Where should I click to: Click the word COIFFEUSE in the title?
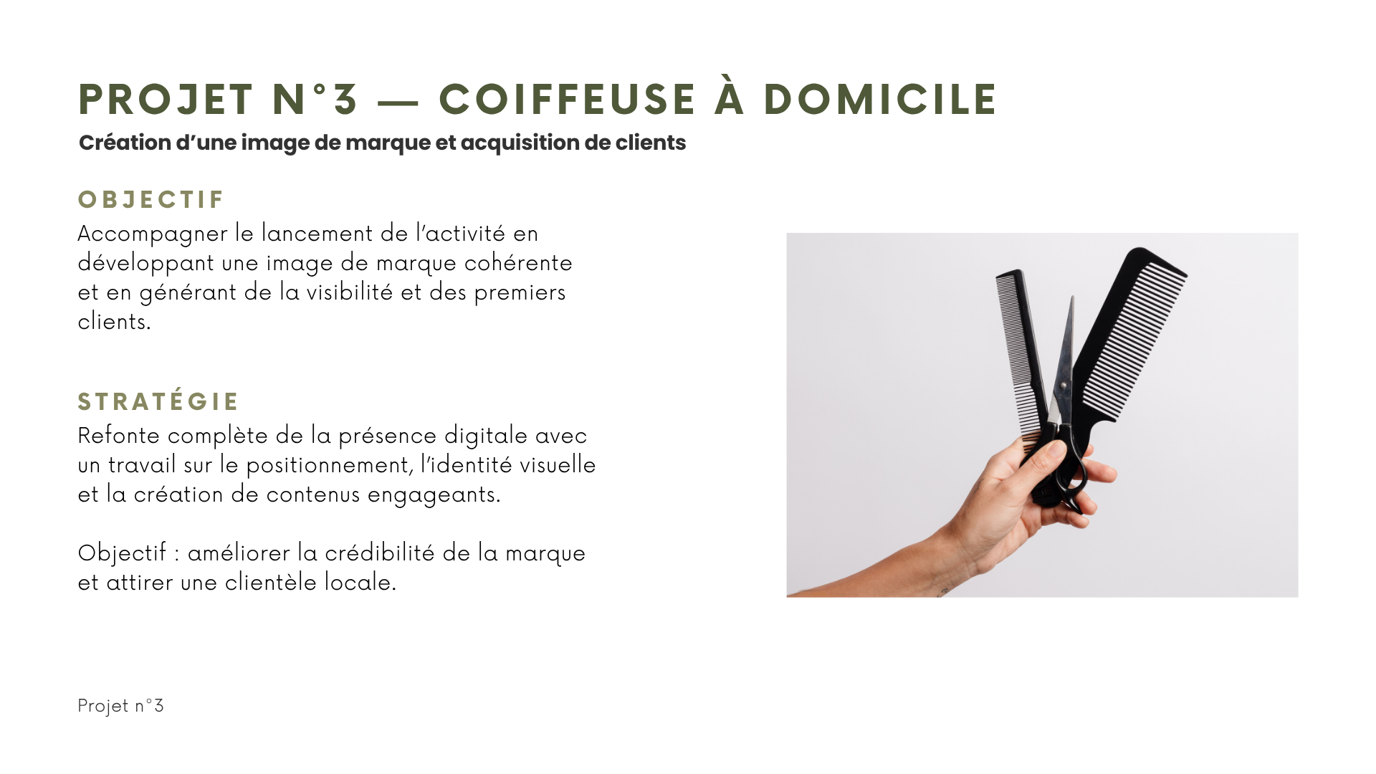[567, 99]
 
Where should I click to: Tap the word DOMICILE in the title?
[879, 99]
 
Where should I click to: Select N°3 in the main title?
[315, 99]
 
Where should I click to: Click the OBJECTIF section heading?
[151, 199]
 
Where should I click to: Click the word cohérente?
[518, 263]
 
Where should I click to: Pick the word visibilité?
[350, 292]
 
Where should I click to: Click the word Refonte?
[119, 436]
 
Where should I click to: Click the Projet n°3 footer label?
[120, 706]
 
